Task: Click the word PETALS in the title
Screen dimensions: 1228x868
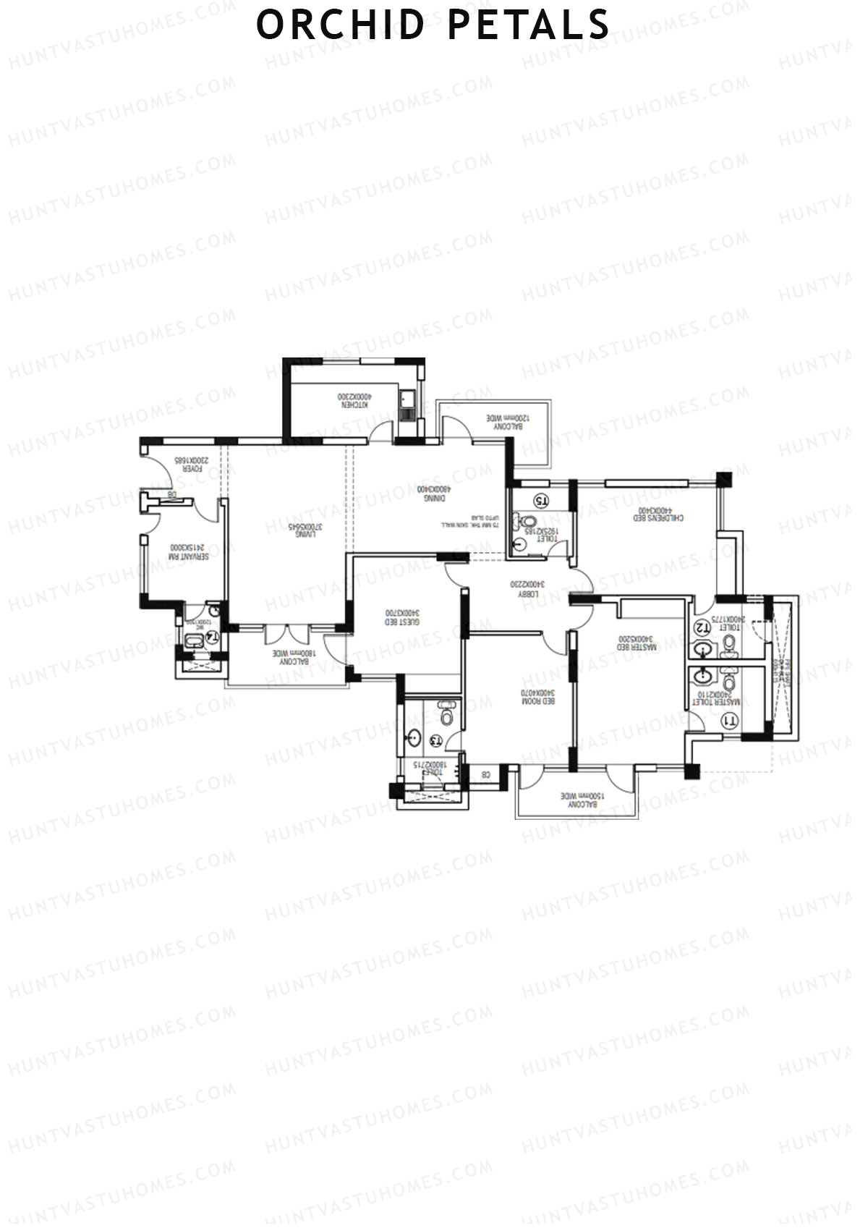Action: point(529,25)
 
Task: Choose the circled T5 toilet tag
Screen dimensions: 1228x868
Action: point(541,501)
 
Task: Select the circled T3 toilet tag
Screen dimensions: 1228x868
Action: point(435,740)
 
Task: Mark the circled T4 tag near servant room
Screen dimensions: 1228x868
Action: point(213,637)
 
